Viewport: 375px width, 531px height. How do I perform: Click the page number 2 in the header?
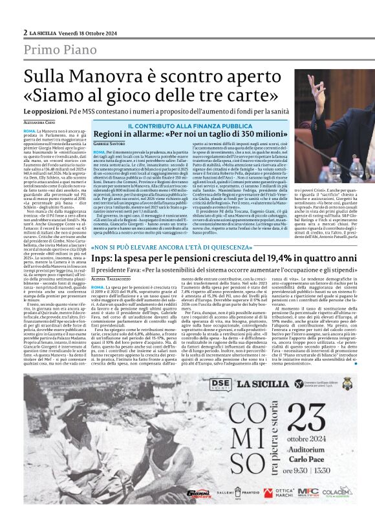25,32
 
